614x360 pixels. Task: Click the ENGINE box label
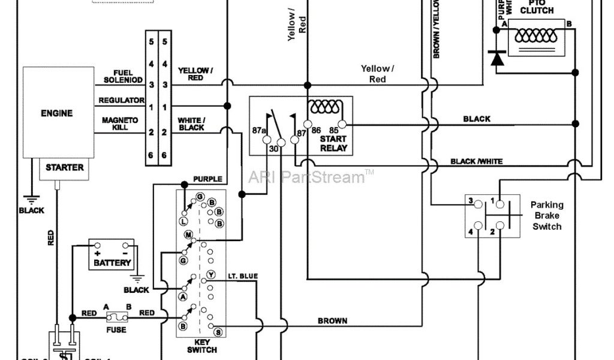[x=57, y=113]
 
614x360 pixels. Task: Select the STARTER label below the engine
[x=64, y=167]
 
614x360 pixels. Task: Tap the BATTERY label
[x=112, y=263]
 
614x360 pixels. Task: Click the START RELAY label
[x=333, y=143]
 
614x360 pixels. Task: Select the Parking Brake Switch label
[x=546, y=215]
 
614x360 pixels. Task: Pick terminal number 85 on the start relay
[x=335, y=130]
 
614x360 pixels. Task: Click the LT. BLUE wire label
[x=243, y=275]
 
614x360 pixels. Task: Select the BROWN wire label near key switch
[x=332, y=321]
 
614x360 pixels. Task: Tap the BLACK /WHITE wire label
[x=477, y=161]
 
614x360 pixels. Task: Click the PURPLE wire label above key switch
[x=207, y=179]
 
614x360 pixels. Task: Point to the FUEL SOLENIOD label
[x=122, y=76]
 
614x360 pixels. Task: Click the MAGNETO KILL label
[x=119, y=124]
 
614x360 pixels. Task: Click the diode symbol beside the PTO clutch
[x=497, y=58]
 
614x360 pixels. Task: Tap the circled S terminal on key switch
[x=218, y=332]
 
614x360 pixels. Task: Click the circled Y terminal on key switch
[x=210, y=275]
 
